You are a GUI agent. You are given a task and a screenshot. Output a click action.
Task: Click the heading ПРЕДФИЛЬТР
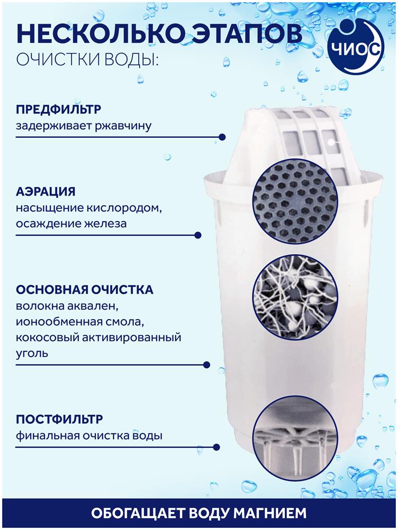click(x=58, y=109)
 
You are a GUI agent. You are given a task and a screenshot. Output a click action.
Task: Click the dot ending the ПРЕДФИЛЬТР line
click(x=222, y=137)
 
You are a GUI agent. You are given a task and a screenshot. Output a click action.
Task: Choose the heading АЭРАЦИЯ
click(x=46, y=192)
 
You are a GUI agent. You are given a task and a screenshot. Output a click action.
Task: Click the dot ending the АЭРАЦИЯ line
click(x=198, y=235)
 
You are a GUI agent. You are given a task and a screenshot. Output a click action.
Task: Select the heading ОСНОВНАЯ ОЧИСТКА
click(x=84, y=290)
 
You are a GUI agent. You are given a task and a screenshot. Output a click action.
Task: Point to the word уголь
click(x=32, y=354)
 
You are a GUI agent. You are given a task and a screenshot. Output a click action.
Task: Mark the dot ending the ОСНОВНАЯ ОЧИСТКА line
click(x=206, y=365)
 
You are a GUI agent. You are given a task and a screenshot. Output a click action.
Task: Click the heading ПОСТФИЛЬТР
click(x=59, y=419)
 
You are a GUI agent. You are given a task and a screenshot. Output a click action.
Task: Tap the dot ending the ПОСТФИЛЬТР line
click(x=216, y=447)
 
